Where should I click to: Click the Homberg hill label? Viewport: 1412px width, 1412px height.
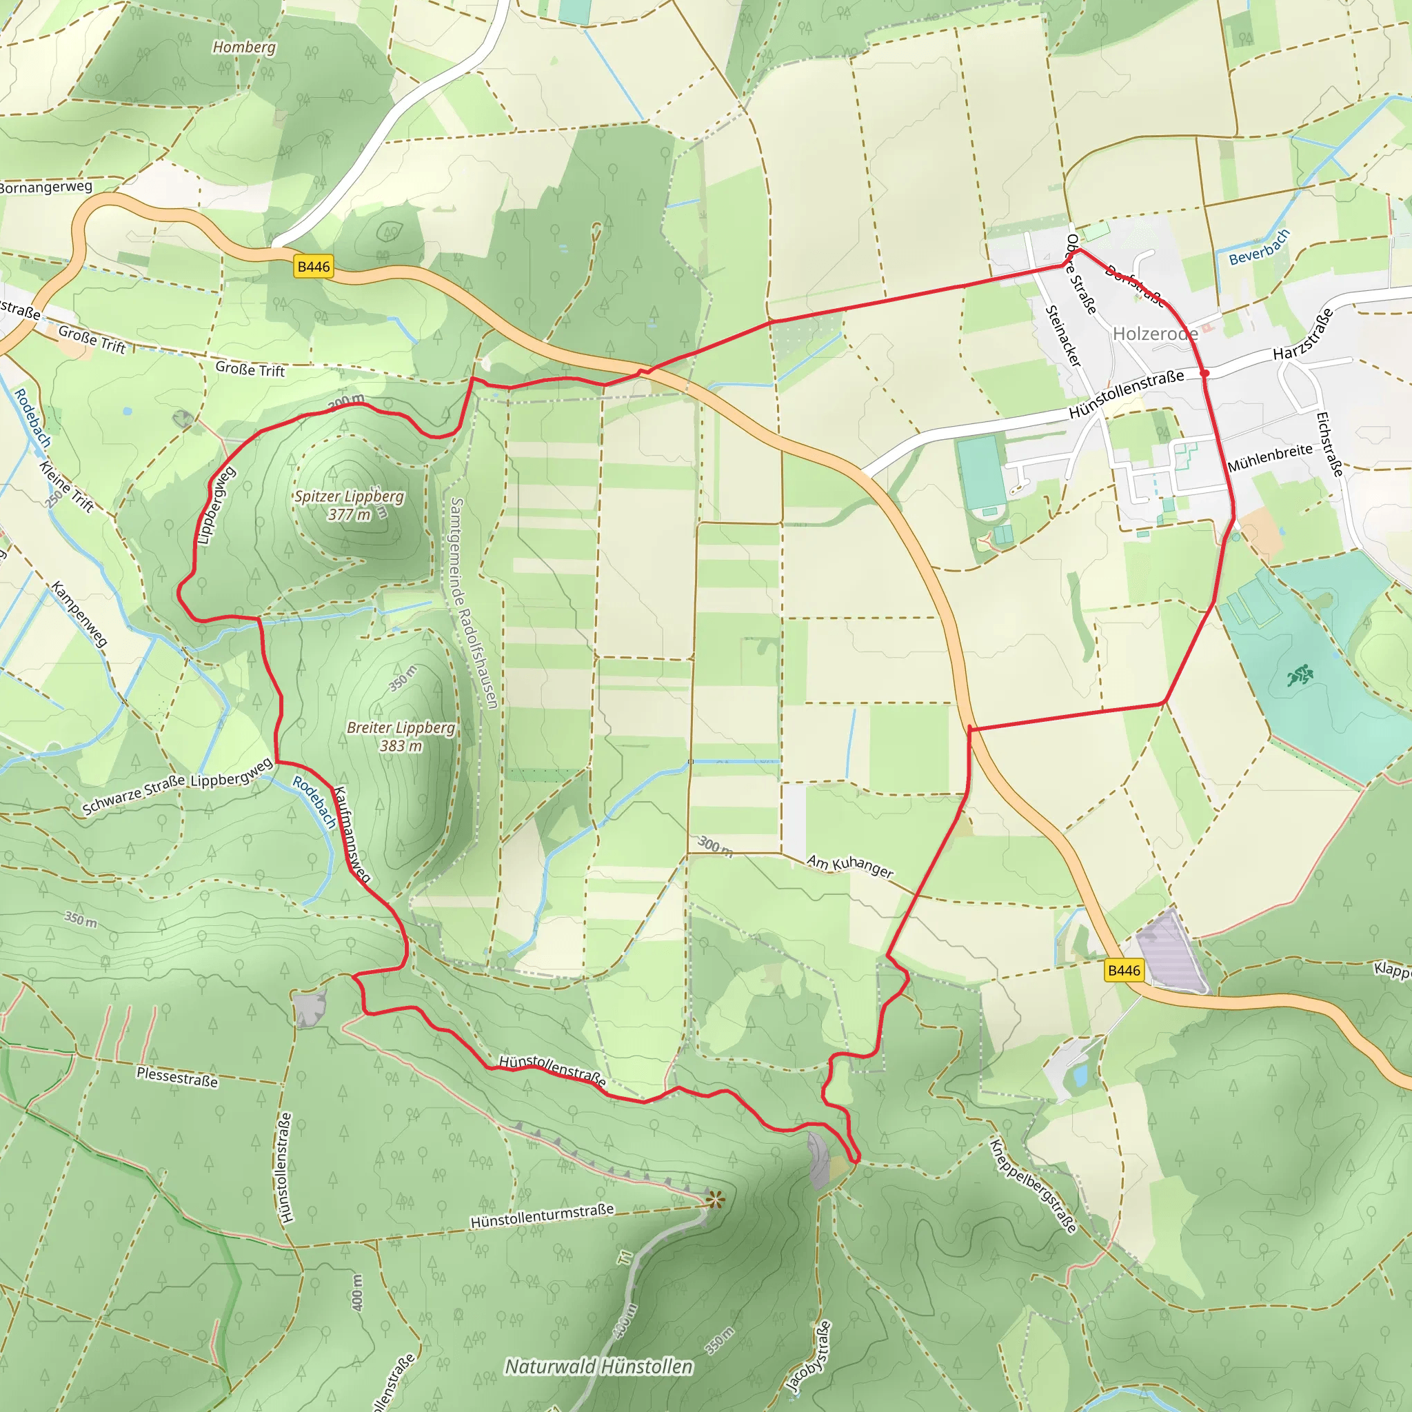[x=244, y=48]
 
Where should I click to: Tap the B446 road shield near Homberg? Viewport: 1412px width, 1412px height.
[x=314, y=267]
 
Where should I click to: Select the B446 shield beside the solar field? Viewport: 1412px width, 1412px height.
[x=1123, y=971]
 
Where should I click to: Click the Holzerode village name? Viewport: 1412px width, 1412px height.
[x=1155, y=334]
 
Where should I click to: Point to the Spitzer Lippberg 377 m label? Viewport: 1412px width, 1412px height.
[x=350, y=505]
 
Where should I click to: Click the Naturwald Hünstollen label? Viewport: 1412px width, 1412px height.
[x=598, y=1366]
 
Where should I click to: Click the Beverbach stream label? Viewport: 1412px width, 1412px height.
[x=1259, y=247]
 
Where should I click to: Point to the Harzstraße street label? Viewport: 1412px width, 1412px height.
[x=1303, y=334]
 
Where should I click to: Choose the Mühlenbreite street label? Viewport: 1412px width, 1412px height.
[x=1270, y=458]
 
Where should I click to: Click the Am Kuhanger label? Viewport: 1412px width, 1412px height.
[x=850, y=866]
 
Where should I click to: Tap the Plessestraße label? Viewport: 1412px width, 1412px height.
[x=177, y=1076]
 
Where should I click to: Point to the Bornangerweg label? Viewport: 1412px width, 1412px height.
[x=46, y=187]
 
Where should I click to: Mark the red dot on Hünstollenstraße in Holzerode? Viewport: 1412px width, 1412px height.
[x=1205, y=374]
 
